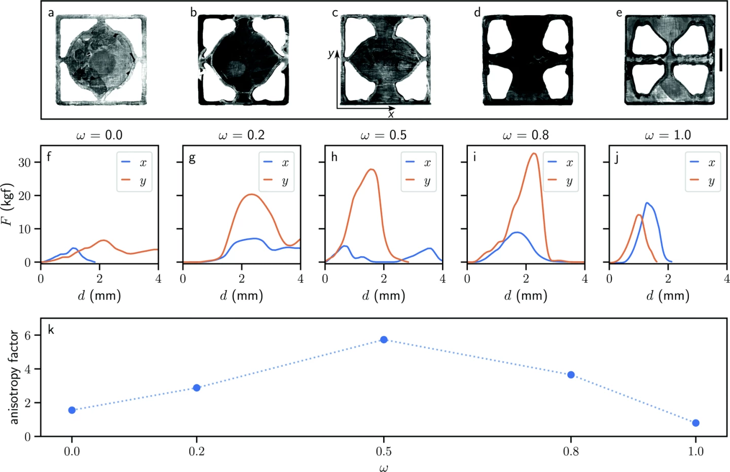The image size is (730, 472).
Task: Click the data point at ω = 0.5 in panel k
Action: tap(384, 339)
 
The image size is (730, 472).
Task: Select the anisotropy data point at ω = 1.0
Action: tap(696, 423)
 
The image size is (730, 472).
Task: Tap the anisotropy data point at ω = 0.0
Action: tap(72, 410)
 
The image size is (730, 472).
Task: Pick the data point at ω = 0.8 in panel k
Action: tap(571, 375)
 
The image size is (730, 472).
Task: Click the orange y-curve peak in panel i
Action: tap(534, 153)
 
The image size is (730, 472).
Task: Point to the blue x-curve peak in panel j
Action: tap(646, 203)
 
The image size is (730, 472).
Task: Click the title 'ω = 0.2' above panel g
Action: tap(241, 135)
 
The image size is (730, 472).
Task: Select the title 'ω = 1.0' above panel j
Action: tap(668, 135)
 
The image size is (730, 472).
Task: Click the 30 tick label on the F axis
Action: tap(24, 163)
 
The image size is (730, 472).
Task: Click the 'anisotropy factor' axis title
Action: tap(14, 377)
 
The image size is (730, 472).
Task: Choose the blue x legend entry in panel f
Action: tap(134, 163)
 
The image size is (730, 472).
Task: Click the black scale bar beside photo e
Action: tap(720, 60)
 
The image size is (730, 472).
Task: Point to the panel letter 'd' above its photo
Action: tap(477, 13)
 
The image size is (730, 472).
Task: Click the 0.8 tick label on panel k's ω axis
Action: tap(571, 451)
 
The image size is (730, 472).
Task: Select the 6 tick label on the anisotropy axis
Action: tap(27, 335)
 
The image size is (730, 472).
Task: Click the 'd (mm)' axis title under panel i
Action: tap(526, 295)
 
